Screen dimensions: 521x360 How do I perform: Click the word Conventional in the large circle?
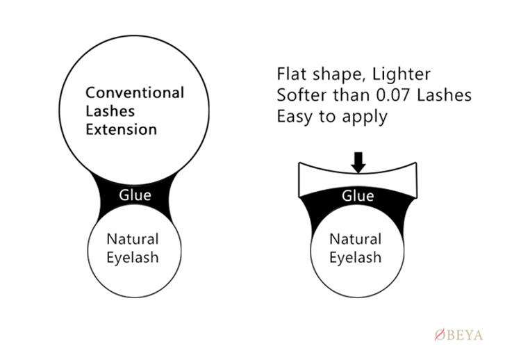coord(135,92)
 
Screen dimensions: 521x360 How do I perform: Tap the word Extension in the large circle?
coord(122,129)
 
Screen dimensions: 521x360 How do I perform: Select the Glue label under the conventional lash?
coord(135,195)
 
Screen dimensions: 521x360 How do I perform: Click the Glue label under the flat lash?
coord(358,196)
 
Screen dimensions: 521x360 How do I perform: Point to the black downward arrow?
coord(358,163)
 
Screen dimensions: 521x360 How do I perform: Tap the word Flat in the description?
coord(292,74)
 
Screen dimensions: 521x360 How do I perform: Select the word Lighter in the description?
coord(402,74)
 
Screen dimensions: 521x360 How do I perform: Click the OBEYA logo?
coord(459,335)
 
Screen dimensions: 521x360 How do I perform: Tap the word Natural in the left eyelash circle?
coord(133,239)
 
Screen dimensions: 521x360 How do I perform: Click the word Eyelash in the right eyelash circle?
coord(355,258)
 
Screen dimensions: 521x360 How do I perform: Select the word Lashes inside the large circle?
coord(110,111)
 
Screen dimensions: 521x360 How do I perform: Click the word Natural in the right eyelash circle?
coord(355,239)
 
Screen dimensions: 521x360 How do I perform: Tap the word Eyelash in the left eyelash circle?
coord(133,258)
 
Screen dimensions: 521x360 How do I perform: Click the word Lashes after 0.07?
coord(445,95)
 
